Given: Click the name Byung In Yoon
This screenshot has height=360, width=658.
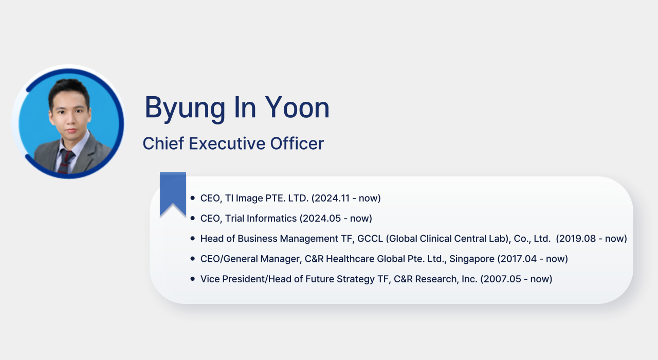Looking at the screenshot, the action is click(x=237, y=108).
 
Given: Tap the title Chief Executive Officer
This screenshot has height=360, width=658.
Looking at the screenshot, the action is click(x=233, y=143).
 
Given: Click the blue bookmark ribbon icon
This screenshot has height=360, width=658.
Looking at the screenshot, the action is click(x=173, y=194).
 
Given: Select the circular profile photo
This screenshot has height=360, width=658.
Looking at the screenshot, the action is click(x=68, y=122).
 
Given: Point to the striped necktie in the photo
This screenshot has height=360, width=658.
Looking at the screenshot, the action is click(x=66, y=161).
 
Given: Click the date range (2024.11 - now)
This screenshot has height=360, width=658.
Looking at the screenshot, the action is click(x=346, y=198).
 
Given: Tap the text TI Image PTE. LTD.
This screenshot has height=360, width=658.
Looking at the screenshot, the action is click(x=267, y=198).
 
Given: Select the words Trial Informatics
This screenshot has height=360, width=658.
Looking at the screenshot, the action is click(x=261, y=219).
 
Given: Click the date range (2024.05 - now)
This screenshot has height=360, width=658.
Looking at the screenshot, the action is click(x=336, y=219).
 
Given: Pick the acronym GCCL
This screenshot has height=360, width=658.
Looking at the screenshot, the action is click(x=370, y=239).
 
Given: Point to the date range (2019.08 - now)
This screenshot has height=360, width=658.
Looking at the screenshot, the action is click(x=592, y=239).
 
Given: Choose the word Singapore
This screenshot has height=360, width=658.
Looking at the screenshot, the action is click(x=472, y=259).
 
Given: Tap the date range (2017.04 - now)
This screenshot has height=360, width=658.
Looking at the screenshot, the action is click(x=533, y=259).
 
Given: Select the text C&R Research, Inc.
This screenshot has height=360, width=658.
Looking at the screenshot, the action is click(x=435, y=279).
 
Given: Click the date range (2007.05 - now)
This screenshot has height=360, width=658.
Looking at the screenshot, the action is click(x=517, y=279).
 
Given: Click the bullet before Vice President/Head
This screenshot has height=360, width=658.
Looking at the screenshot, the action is click(x=193, y=279).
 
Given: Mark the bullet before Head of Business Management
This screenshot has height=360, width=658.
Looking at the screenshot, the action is click(x=193, y=238).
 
